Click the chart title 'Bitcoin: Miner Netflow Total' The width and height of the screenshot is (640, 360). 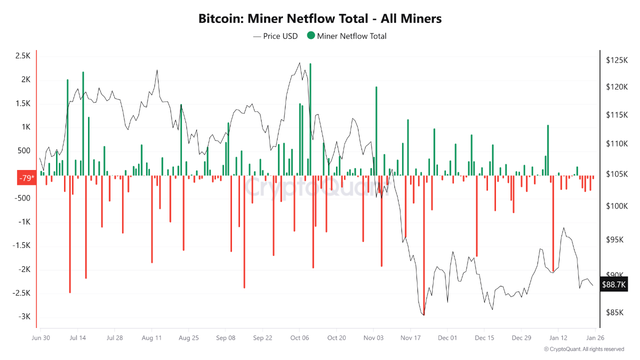(x=320, y=18)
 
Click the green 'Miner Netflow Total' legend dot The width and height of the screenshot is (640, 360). (x=311, y=35)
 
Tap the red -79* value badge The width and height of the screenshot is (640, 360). (x=26, y=178)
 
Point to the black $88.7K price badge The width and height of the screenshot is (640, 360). (x=613, y=284)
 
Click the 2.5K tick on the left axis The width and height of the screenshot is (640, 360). (x=22, y=56)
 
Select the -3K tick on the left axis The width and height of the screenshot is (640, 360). (x=24, y=316)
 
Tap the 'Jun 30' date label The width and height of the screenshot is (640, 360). (x=40, y=338)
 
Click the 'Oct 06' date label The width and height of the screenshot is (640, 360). (x=299, y=338)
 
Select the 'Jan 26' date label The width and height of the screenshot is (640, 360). (x=595, y=338)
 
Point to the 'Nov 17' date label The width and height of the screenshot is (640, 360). (x=410, y=338)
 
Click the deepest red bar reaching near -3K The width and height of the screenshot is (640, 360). (x=424, y=250)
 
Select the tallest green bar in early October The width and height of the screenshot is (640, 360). (x=310, y=120)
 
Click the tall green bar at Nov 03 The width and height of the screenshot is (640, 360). (x=376, y=130)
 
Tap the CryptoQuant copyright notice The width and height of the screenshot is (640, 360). (x=583, y=349)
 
